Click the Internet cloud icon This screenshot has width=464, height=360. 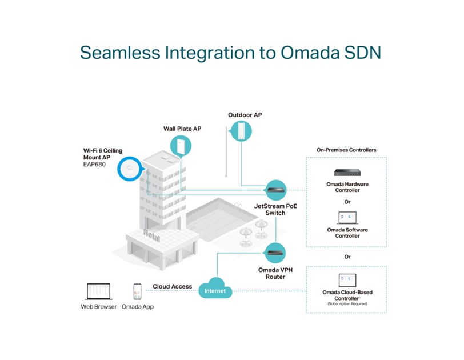[215, 289]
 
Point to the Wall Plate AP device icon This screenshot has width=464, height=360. [182, 145]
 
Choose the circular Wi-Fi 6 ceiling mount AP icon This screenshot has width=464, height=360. [129, 169]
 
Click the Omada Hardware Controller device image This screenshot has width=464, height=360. [347, 172]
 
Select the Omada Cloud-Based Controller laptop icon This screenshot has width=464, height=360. [347, 281]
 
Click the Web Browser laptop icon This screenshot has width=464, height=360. [98, 292]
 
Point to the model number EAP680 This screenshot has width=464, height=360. [95, 165]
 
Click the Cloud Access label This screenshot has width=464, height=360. [171, 286]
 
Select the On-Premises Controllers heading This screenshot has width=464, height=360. [346, 150]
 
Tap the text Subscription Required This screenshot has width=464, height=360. [347, 303]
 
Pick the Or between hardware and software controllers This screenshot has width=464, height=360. [347, 201]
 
